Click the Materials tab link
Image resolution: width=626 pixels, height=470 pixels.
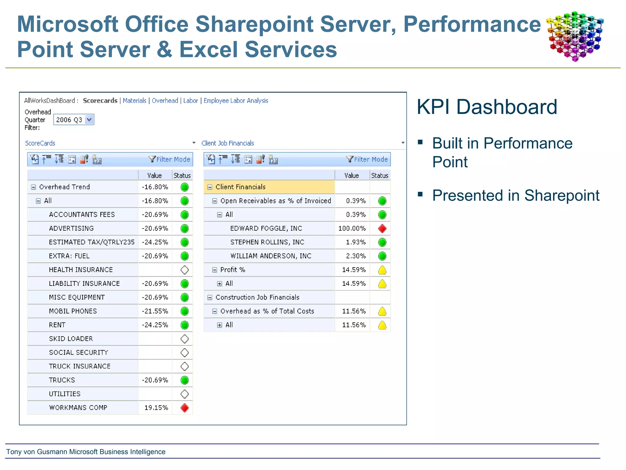tap(134, 101)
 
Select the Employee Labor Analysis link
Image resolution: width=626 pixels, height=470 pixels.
tap(236, 101)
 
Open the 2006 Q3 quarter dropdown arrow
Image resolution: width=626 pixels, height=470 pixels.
tap(89, 120)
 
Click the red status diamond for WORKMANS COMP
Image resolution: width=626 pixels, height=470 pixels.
tap(185, 408)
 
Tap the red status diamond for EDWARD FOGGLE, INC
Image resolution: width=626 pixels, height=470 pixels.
tap(382, 229)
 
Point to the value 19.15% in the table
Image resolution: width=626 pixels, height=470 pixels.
tap(156, 408)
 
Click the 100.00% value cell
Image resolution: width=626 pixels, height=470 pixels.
tap(352, 229)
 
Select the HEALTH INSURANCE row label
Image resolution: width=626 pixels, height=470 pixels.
tap(81, 270)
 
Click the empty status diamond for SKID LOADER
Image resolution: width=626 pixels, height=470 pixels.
tap(185, 339)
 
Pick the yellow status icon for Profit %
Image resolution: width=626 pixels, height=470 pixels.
tap(382, 270)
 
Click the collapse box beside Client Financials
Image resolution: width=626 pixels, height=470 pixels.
tap(210, 187)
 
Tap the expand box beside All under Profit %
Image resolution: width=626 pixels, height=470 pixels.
tap(219, 284)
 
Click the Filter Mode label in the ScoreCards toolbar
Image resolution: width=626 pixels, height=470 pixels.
tap(173, 159)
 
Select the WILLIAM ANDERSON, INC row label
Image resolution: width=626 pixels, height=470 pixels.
tap(271, 256)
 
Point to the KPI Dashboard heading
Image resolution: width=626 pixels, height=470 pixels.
tap(487, 107)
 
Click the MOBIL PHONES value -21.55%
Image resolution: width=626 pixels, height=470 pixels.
tap(155, 311)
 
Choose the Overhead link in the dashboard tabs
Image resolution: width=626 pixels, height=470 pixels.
tap(165, 101)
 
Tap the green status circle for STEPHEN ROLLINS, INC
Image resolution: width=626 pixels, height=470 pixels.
tap(382, 242)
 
